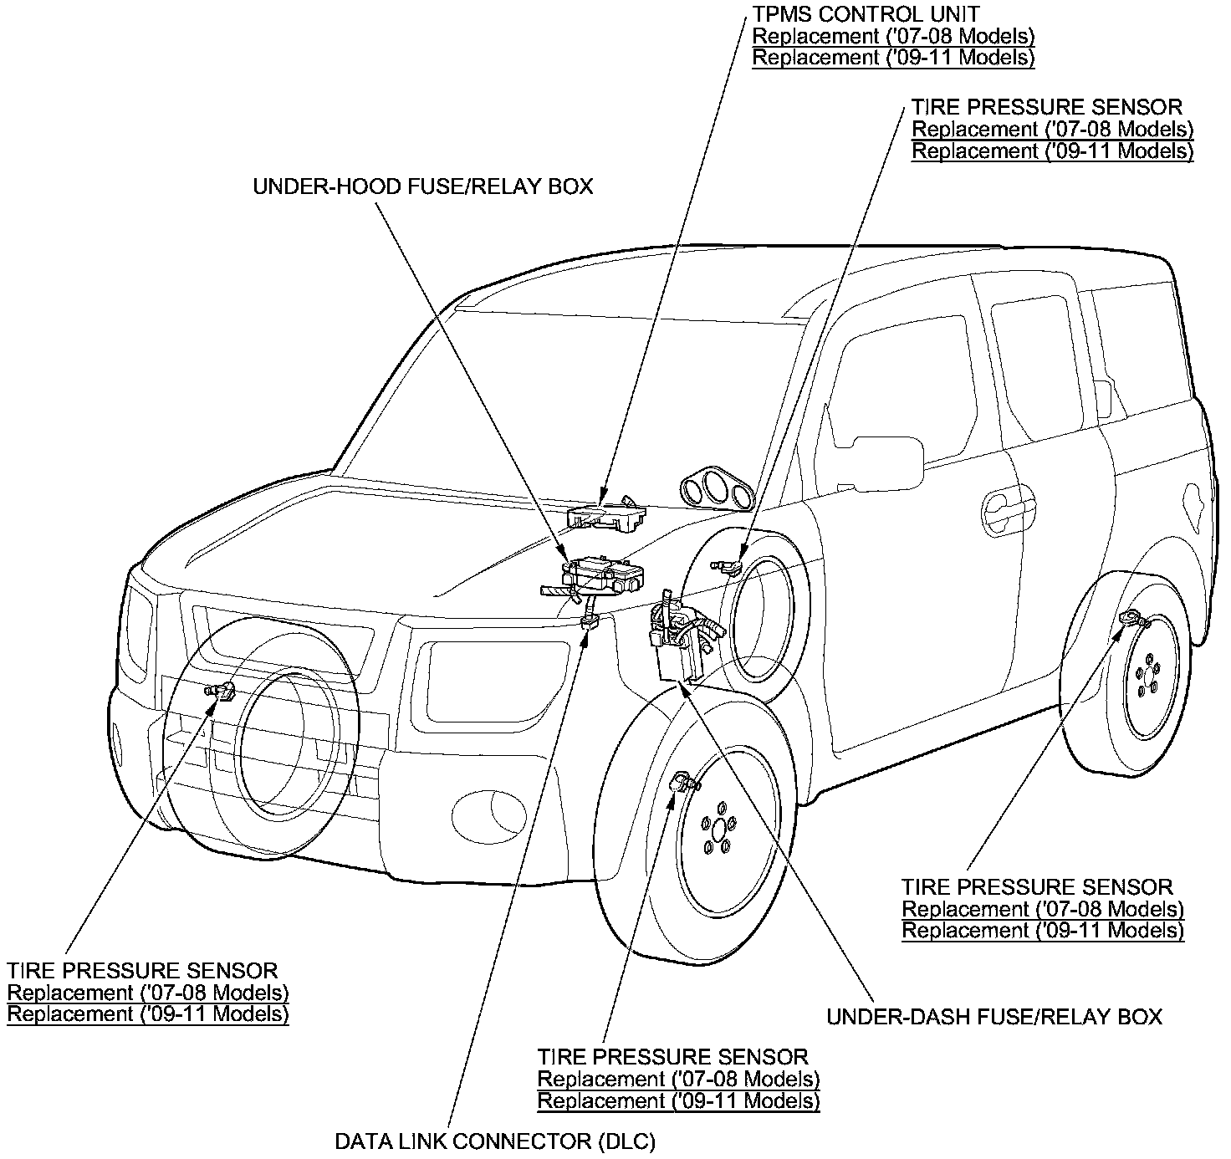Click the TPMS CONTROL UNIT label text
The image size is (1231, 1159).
click(866, 13)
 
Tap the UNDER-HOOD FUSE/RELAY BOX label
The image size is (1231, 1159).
click(422, 186)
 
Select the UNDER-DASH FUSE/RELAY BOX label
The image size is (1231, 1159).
click(994, 1017)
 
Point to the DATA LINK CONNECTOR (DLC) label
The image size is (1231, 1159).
click(494, 1141)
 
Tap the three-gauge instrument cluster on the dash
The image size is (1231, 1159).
click(718, 489)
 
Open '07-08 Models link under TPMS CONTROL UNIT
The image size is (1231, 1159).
click(893, 36)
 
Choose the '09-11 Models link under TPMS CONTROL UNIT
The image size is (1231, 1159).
click(893, 58)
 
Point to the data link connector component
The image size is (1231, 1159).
click(590, 621)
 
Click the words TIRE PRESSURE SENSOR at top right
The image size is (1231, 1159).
click(1047, 107)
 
